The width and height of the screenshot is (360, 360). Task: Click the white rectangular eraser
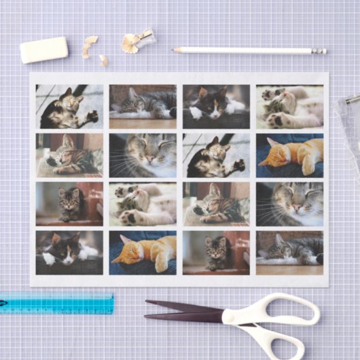pos(44,50)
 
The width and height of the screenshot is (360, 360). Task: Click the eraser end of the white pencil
pos(319,51)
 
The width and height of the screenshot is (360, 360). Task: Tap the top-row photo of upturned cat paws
pos(289,107)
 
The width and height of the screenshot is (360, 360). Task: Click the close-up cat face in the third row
pos(289,203)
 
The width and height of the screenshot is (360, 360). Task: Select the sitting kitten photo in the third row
pos(69,203)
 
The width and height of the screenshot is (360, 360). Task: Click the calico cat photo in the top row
pos(216,107)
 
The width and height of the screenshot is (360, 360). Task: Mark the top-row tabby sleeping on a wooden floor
pos(143,107)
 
